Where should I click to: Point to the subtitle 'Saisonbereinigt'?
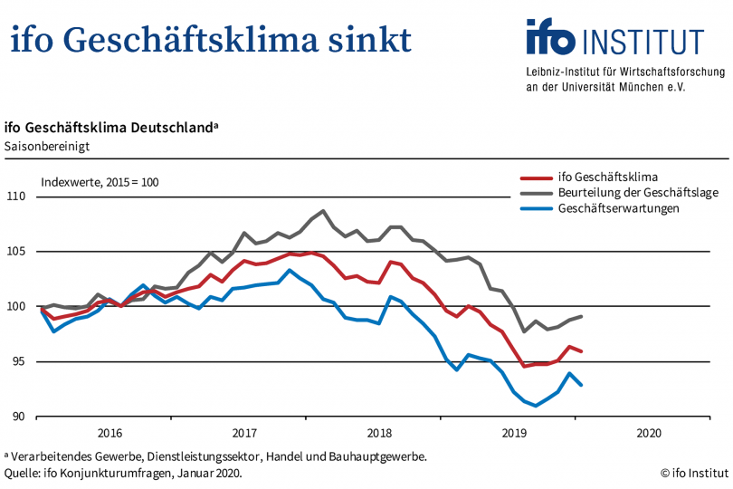pos(47,145)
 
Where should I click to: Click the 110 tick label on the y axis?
pos(18,197)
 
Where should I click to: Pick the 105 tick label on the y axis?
pos(18,252)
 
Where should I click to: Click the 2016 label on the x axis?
pos(109,433)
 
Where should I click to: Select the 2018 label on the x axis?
pos(379,433)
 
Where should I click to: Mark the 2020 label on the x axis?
pos(649,433)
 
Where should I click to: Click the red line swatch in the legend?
pos(539,177)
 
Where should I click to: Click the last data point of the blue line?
pos(581,386)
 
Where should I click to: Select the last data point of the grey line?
pos(581,316)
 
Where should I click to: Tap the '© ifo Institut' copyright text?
pos(693,473)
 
